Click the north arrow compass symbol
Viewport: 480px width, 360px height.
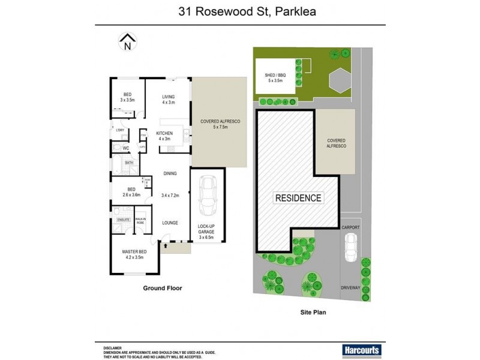(127, 41)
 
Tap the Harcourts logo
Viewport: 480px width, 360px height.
(362, 350)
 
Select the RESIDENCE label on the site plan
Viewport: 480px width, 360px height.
(298, 198)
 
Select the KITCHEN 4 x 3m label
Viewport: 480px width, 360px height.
(164, 136)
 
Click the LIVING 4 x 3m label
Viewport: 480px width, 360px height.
(168, 99)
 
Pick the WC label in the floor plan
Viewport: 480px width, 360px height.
(126, 148)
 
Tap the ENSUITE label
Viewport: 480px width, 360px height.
(123, 220)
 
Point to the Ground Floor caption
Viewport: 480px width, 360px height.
(162, 289)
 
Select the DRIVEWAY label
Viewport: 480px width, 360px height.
(350, 288)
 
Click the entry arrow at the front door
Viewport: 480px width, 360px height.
(164, 243)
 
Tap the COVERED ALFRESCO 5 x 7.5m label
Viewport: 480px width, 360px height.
(220, 124)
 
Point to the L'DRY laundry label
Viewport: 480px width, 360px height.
(119, 130)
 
